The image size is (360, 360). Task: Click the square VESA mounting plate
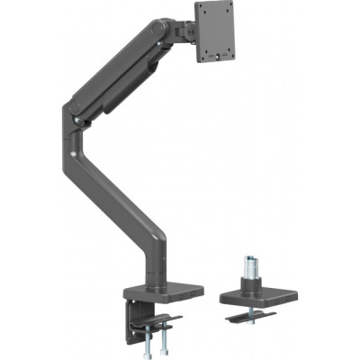pos(221,33)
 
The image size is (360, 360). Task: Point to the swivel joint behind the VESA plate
pos(188,32)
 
